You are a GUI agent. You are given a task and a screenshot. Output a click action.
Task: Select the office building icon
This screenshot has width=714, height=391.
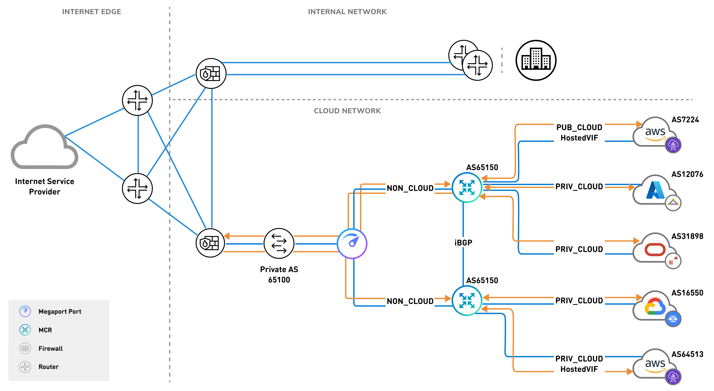536,60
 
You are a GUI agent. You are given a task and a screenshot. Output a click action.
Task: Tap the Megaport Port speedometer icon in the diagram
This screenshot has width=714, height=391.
352,243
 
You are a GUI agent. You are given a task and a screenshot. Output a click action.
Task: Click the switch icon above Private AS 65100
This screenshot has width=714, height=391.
279,243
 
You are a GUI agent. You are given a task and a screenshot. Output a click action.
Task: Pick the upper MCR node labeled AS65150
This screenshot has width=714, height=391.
467,187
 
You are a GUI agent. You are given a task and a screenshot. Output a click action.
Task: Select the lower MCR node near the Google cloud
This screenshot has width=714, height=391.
467,301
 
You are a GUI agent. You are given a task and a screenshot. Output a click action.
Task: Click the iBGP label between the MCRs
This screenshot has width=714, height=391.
463,243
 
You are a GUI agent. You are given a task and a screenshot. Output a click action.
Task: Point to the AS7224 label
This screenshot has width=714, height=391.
685,120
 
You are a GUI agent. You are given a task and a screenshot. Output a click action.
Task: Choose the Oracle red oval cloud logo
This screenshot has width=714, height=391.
655,249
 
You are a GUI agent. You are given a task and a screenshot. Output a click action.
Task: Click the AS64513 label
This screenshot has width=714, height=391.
687,354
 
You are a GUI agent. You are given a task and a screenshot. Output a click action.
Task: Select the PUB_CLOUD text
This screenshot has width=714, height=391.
579,127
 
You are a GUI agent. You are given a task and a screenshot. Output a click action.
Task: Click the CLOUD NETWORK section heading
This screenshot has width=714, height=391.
347,111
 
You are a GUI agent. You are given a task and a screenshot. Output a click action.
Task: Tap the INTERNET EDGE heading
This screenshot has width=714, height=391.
91,12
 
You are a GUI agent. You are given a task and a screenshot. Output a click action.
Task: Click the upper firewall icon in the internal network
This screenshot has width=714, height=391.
211,73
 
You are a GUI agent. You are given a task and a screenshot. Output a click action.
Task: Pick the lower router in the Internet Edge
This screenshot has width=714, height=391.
137,188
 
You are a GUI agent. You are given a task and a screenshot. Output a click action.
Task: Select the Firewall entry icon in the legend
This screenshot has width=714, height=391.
25,348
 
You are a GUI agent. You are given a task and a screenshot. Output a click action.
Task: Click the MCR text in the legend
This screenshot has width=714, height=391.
45,330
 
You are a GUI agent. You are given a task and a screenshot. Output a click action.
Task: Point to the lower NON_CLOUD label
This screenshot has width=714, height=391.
410,301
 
